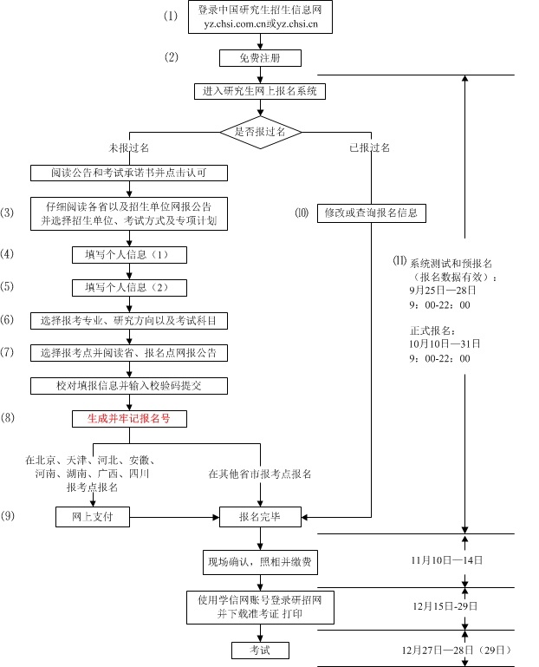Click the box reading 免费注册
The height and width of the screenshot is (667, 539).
pos(259,58)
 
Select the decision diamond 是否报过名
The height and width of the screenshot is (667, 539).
pos(259,131)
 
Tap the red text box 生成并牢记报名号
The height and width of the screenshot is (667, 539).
pos(129,418)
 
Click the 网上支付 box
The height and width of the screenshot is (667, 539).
pos(92,517)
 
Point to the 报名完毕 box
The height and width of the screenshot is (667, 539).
pos(259,517)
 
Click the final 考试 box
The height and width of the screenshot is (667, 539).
pos(259,650)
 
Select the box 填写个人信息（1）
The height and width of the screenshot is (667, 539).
pos(129,254)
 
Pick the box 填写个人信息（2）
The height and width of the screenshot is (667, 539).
pos(129,287)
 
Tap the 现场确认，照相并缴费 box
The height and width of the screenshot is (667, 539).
pos(259,562)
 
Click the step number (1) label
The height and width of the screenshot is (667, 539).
pos(171,16)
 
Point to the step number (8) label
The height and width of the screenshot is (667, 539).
pos(8,418)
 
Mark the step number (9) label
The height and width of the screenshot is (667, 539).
pos(8,516)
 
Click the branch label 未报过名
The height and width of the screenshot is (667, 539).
pos(128,147)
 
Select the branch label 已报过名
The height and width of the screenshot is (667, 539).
pos(370,147)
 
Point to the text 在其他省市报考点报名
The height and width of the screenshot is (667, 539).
pos(259,474)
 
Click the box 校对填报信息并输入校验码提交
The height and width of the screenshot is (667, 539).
pos(129,384)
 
